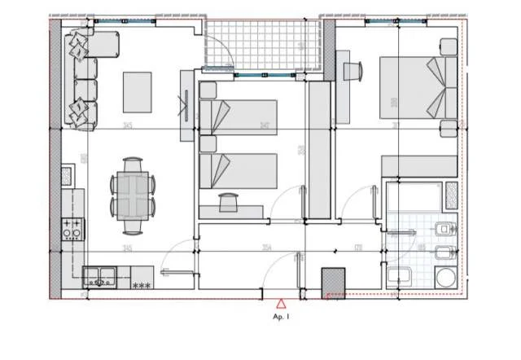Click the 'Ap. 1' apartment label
click(281, 317)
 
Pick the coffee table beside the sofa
click(137, 93)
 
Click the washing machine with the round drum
click(445, 277)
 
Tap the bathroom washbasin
click(398, 276)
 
